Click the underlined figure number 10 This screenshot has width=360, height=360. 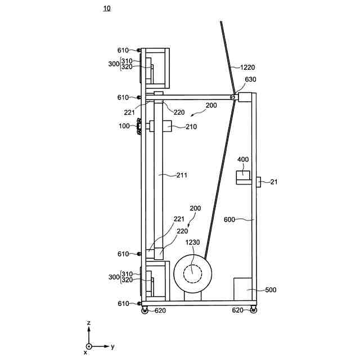pos(107,8)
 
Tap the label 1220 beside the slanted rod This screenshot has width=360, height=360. pos(247,67)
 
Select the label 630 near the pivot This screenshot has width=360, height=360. pos(250,79)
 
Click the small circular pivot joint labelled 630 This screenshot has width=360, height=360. pos(233,97)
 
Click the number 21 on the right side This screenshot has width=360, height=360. pos(274,182)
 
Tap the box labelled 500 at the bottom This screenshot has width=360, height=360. pos(242,289)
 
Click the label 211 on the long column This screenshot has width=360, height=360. pos(182,175)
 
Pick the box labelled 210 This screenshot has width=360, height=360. pos(160,126)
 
